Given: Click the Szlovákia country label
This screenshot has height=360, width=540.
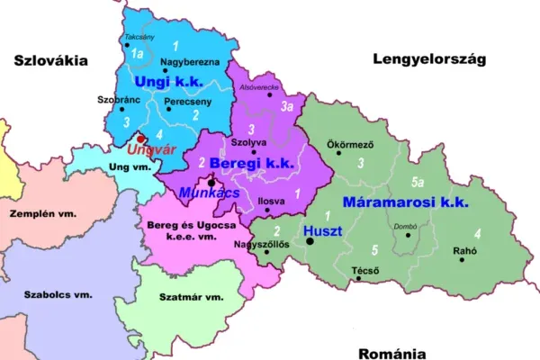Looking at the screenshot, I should click(x=50, y=60).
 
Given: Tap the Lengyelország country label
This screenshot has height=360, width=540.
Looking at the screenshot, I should click(x=428, y=59).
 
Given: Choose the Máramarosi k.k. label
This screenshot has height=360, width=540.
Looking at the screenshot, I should click(x=406, y=202).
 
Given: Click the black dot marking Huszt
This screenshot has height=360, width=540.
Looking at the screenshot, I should click(x=310, y=241).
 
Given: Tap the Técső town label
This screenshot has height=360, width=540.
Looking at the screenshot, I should click(x=364, y=269).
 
